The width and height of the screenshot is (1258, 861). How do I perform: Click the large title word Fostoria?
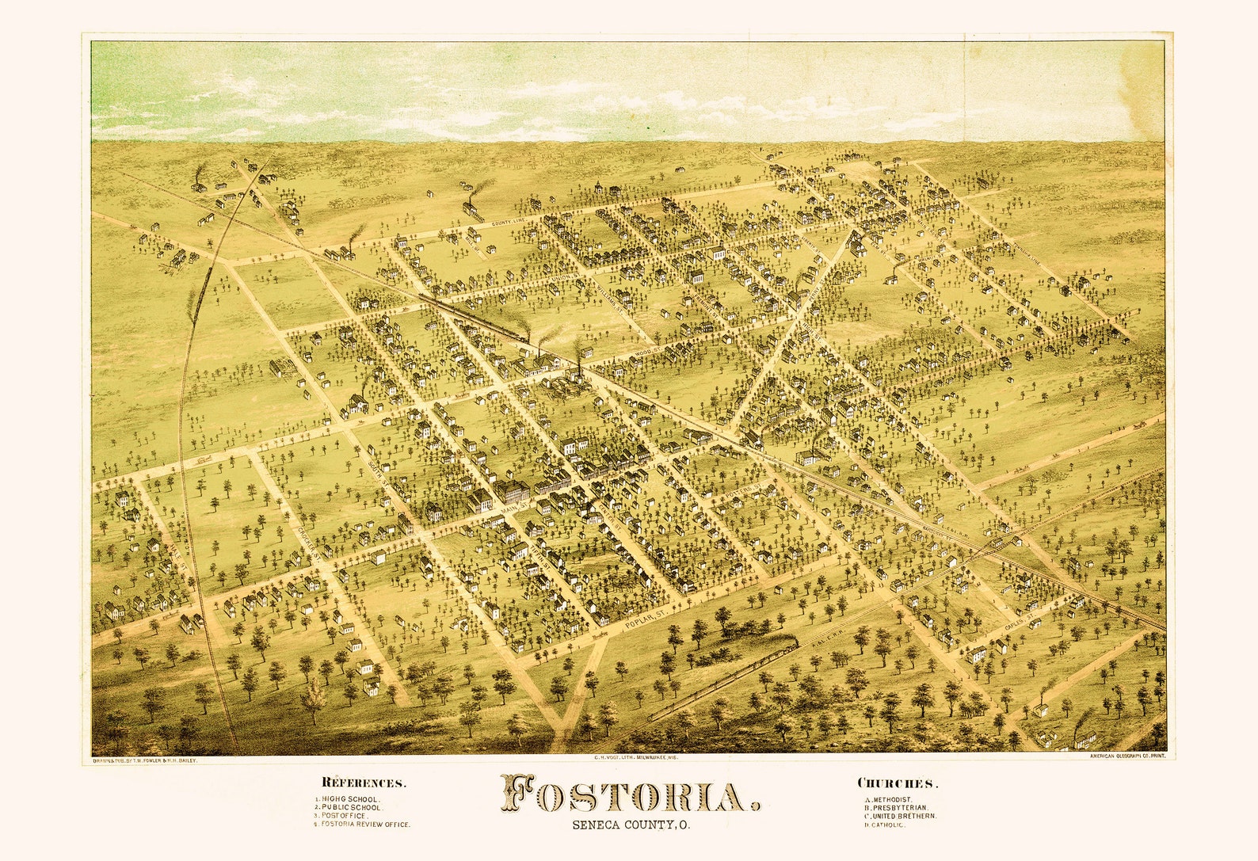pyautogui.click(x=631, y=795)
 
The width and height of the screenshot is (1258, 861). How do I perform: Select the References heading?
pyautogui.click(x=364, y=784)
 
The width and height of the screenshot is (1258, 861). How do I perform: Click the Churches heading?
pyautogui.click(x=898, y=784)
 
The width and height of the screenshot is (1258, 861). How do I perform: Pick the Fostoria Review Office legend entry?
pyautogui.click(x=362, y=825)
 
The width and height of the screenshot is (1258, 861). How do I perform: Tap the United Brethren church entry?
pyautogui.click(x=901, y=816)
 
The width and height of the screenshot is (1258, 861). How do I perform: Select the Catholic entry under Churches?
pyautogui.click(x=886, y=825)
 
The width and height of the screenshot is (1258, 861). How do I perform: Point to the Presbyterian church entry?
pyautogui.click(x=896, y=808)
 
